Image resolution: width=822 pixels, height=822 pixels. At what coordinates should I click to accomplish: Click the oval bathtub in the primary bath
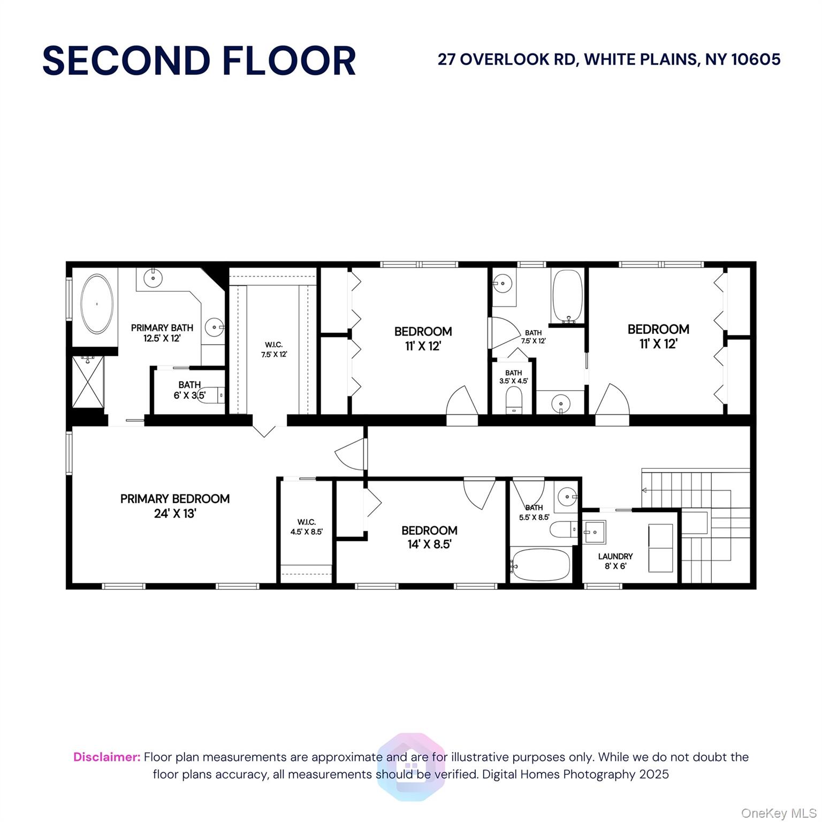point(97,304)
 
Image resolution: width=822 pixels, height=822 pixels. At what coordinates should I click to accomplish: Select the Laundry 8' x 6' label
point(615,561)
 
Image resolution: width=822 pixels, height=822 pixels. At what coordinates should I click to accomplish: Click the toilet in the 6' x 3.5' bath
point(211,395)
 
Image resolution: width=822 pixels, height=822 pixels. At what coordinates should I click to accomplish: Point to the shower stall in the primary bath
point(88,382)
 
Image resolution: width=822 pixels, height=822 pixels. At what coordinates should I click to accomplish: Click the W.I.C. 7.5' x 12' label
point(274,349)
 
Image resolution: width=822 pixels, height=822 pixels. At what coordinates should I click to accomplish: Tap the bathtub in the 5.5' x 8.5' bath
point(540,564)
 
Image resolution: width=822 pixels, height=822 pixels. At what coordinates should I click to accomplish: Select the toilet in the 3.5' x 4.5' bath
point(514,400)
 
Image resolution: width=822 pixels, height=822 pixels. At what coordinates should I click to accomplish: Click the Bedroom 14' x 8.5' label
point(429,537)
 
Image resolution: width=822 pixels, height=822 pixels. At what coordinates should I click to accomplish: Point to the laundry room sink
point(594,531)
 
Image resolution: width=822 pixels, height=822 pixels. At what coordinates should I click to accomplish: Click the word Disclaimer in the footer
point(107,757)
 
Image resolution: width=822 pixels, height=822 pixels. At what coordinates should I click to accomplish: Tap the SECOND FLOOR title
point(199,60)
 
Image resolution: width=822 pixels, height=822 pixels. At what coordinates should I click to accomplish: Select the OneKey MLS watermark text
point(779,813)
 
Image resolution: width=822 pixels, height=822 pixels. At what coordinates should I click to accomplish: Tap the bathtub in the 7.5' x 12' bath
point(567,296)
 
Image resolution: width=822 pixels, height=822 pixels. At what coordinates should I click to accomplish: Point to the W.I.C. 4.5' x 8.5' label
point(307,527)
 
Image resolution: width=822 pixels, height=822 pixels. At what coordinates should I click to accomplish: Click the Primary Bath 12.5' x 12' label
point(162,332)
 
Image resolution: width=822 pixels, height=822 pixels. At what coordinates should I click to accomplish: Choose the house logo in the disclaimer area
point(411,766)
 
